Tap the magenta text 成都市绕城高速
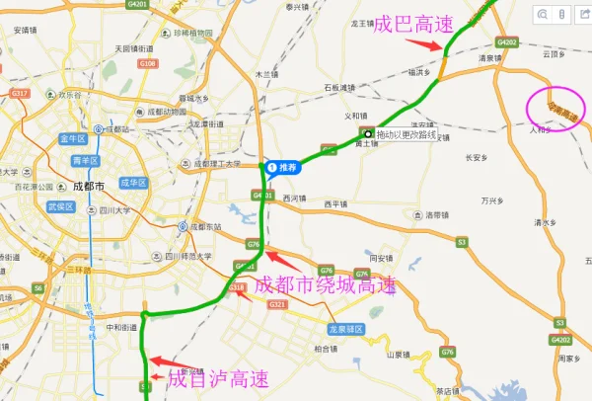[x=325, y=285]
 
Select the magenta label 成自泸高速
[x=218, y=377]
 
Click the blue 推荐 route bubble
[x=282, y=168]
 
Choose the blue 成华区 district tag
[x=132, y=183]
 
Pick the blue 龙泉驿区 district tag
[x=346, y=328]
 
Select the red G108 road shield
[x=148, y=63]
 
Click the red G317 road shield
[x=19, y=93]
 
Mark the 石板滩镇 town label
[x=344, y=88]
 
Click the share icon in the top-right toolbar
[x=581, y=15]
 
